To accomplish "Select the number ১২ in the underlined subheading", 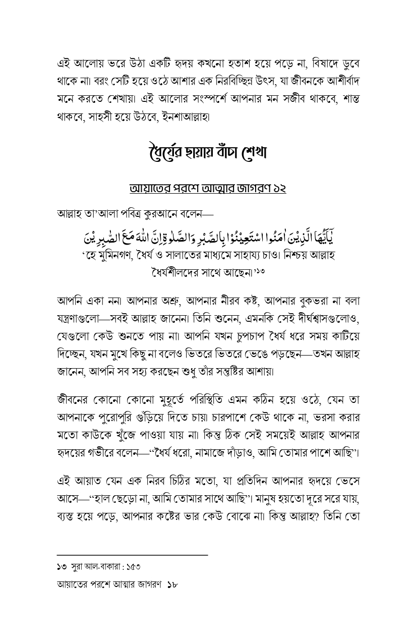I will point(278,188).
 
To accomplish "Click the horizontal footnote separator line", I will point(132,555).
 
